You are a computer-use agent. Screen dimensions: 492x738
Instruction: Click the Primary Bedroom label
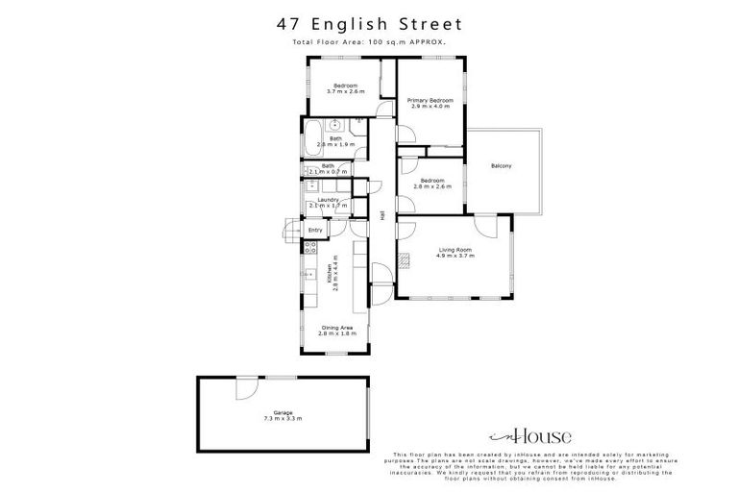(430, 100)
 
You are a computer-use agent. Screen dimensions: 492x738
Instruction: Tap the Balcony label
(501, 166)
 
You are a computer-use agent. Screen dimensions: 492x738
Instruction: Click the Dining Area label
(336, 328)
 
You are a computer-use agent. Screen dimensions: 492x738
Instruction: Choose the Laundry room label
(328, 200)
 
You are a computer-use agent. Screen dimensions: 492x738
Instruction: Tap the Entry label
(315, 231)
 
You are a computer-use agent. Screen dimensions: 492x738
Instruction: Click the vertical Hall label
(383, 216)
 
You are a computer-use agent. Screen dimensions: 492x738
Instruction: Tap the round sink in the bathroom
(335, 124)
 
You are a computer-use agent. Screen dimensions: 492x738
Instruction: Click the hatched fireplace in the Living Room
(406, 257)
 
